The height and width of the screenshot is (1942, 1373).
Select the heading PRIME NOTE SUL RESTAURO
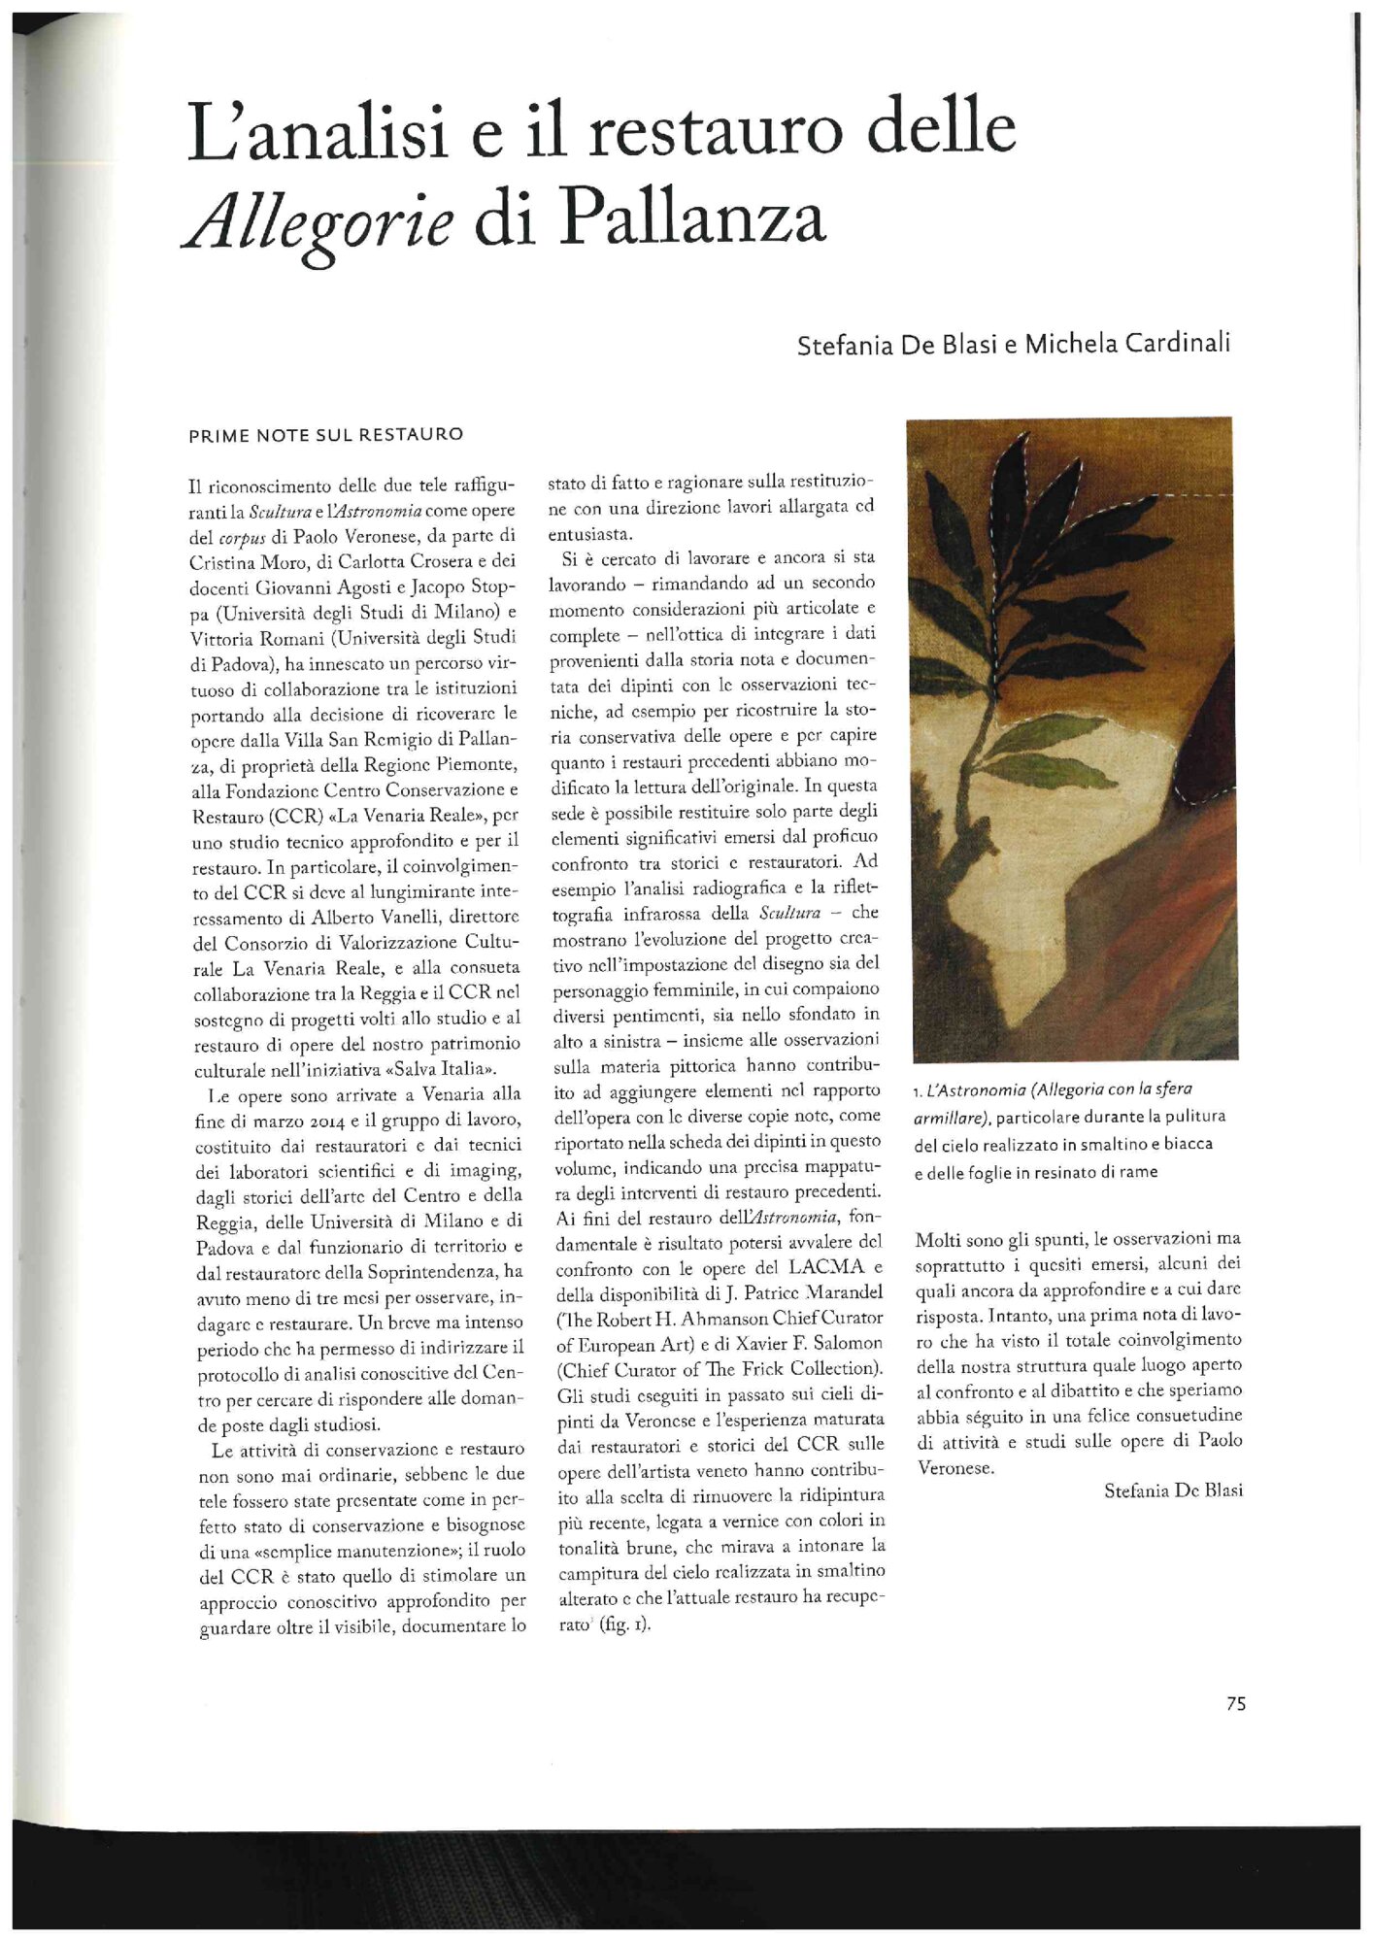pyautogui.click(x=325, y=435)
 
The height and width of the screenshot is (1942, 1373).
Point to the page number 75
pyautogui.click(x=1235, y=1703)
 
